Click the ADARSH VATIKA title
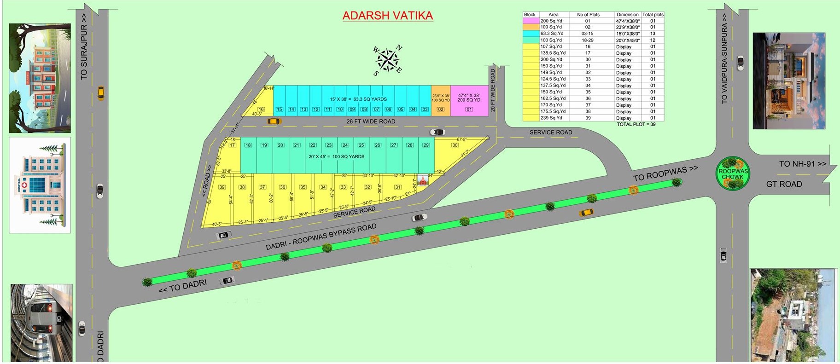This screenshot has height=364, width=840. tap(388, 15)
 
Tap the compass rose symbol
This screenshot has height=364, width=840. tap(387, 60)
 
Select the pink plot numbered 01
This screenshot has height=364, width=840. tap(469, 100)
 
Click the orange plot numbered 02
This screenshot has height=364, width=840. tap(441, 100)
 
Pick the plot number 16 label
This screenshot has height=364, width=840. tap(261, 110)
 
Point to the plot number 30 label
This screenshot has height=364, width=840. tap(455, 145)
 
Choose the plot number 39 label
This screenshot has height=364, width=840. tap(222, 187)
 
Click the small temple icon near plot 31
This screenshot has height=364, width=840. tap(422, 180)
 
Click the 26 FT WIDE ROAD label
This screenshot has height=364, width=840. tap(371, 121)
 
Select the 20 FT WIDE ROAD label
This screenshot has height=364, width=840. tap(493, 90)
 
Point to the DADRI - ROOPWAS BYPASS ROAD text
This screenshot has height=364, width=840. tap(321, 237)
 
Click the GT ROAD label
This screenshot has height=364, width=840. tap(784, 184)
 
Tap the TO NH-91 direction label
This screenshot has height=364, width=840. tap(802, 163)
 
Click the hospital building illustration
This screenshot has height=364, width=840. tap(40, 185)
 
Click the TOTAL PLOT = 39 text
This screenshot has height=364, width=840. tap(636, 124)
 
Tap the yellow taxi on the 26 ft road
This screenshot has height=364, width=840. tap(274, 121)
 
